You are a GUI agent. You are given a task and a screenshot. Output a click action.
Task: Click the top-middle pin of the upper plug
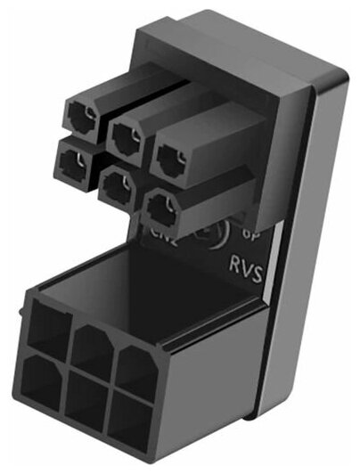pos(124,134)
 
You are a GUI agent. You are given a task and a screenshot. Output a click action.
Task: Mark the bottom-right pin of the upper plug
pos(161,210)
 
